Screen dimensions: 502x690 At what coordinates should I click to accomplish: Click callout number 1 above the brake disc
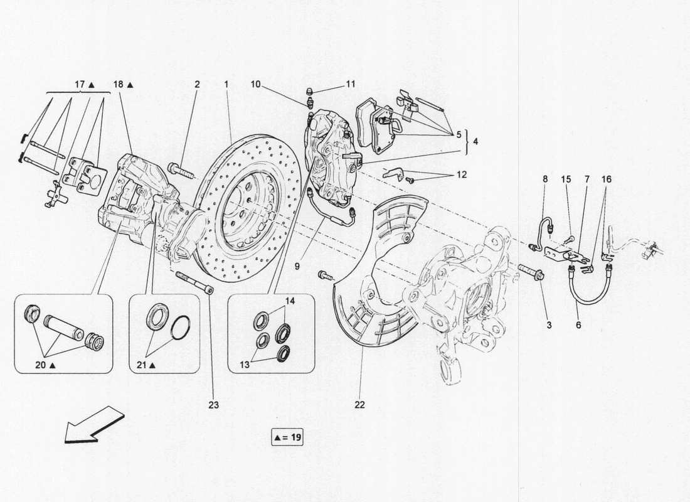pos(226,83)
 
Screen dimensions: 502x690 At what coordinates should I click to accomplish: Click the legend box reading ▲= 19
pos(287,437)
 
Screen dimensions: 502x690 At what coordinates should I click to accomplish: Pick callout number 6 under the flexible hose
pos(578,325)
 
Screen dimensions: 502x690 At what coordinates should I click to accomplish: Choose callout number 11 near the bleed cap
pos(350,83)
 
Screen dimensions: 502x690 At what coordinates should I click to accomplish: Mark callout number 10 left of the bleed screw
pos(256,83)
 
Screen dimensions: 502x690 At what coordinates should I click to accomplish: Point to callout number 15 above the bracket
pos(566,179)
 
